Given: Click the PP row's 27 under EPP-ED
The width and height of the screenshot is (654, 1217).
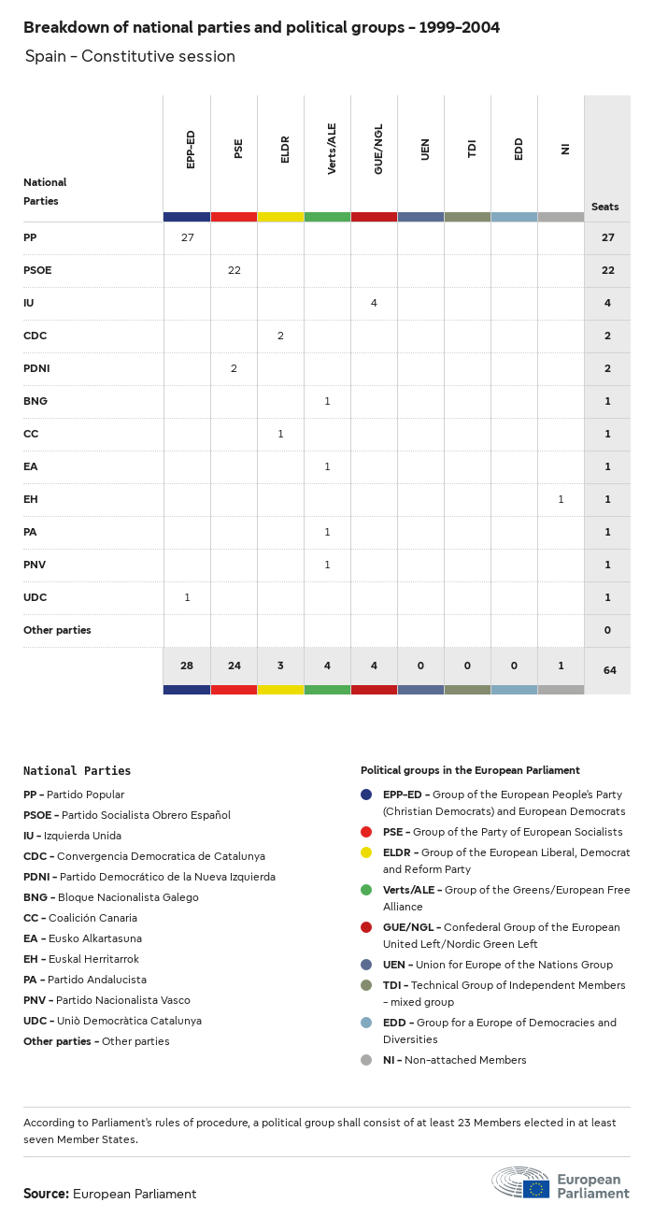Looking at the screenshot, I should (187, 237).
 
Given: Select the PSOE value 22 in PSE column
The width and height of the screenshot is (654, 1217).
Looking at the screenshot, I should (234, 270).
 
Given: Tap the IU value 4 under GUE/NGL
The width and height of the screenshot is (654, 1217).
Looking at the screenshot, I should (374, 303).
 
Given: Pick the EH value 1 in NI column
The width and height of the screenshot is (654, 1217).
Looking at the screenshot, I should (561, 499).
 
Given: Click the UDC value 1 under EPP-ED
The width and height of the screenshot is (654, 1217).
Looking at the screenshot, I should (187, 597).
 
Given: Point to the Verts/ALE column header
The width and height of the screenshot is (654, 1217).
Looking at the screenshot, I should (332, 149).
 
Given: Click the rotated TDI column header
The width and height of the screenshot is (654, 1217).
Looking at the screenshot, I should (472, 149).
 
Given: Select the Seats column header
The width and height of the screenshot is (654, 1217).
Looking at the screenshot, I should (605, 207).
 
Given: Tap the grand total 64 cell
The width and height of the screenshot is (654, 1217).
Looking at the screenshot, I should (607, 670).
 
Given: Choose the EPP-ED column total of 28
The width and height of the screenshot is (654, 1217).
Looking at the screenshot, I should (187, 666).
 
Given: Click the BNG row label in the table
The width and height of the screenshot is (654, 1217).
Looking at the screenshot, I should (36, 401).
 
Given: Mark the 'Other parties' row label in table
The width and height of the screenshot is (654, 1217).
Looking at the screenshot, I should (57, 630).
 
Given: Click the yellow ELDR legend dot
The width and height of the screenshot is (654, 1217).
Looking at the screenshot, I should (366, 852).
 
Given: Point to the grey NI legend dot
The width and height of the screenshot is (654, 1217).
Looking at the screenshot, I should (366, 1060).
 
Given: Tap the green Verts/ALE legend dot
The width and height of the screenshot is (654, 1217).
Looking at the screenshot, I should (366, 890).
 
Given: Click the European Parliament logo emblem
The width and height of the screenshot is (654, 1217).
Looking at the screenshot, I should (522, 1182).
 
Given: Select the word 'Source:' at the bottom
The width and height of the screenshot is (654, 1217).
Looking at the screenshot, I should (46, 1194).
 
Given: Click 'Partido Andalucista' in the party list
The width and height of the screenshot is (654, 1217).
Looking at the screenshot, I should (96, 980).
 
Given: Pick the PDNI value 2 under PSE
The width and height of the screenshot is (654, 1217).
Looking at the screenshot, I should (234, 368).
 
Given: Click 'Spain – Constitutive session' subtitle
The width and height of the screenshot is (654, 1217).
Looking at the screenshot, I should (130, 56).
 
